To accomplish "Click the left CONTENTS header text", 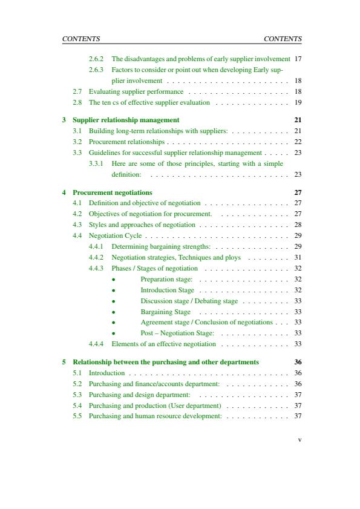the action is [81, 39].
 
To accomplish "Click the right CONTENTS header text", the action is [283, 39].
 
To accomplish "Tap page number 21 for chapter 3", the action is [297, 120].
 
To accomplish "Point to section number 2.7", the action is [77, 91].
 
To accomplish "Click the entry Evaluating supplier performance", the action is [136, 91].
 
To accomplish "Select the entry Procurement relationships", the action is [126, 142].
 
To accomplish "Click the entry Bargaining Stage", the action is [165, 312].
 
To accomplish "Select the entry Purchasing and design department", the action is [140, 395].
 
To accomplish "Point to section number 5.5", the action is [77, 416].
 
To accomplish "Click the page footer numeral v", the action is [299, 440].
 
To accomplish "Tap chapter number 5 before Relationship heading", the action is [64, 362].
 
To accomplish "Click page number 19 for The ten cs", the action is [297, 102].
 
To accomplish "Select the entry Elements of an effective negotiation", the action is [163, 344].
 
